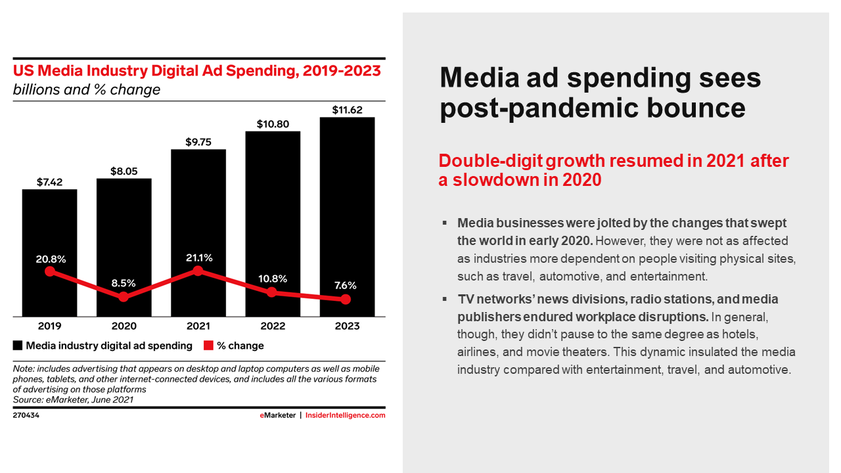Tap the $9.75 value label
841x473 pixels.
click(198, 142)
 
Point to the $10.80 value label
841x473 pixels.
click(273, 124)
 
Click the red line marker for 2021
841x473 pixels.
click(198, 271)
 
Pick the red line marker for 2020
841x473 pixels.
click(124, 297)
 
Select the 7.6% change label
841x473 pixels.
click(346, 285)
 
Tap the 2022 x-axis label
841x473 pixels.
click(273, 326)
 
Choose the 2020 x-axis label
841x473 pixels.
click(124, 326)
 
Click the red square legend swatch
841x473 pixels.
click(208, 346)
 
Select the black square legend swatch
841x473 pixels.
click(18, 346)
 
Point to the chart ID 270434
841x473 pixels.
click(26, 415)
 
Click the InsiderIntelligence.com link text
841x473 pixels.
click(346, 415)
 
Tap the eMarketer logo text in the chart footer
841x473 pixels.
click(277, 415)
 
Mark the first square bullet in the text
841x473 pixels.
click(445, 224)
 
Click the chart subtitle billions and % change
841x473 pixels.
click(87, 89)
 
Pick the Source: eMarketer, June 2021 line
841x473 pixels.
click(73, 399)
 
